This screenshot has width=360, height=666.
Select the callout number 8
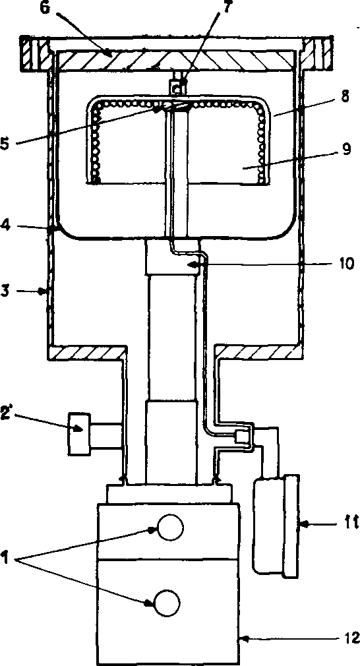tap(344, 97)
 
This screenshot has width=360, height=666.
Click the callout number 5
tap(6, 144)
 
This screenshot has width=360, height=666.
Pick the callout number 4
tap(5, 227)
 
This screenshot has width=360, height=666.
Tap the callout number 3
tap(5, 292)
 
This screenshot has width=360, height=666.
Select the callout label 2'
tap(8, 410)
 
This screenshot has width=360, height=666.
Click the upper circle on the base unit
tap(170, 527)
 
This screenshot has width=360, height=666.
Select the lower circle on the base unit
tap(167, 602)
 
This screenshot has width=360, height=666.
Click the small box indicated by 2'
tap(79, 433)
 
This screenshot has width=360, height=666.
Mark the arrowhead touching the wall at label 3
tap(42, 292)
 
